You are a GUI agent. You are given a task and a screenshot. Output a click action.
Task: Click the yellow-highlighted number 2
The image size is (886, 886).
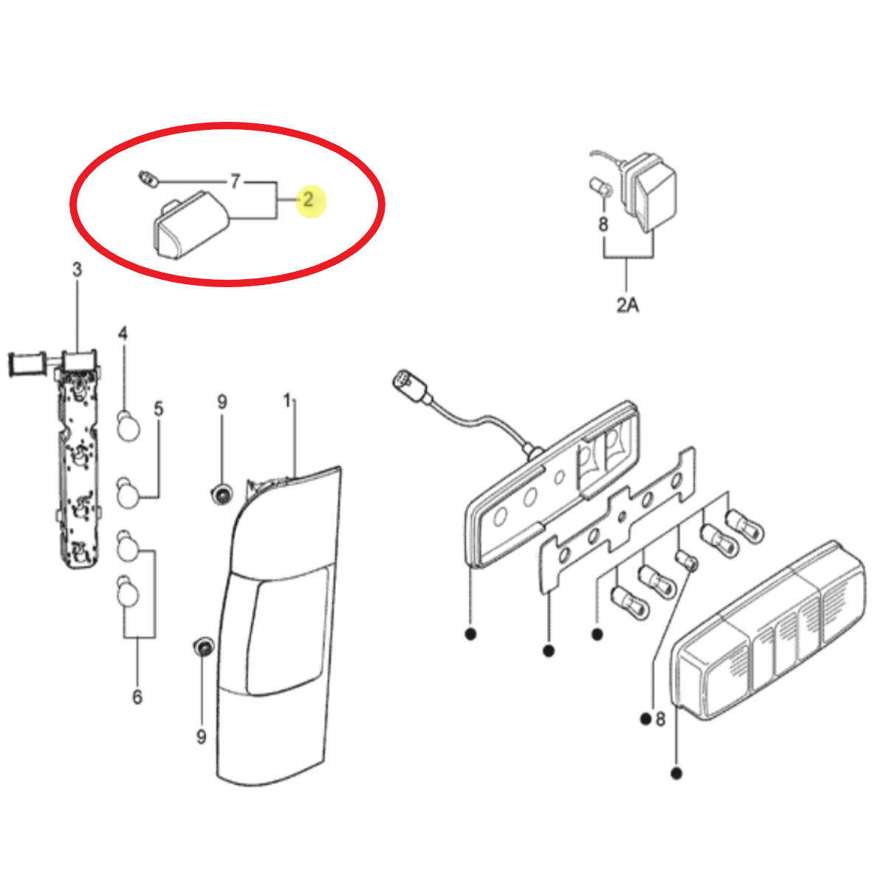tap(308, 199)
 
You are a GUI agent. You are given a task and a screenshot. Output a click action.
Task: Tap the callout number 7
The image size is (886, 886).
tap(235, 181)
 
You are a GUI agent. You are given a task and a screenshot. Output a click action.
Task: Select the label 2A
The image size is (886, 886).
tap(627, 304)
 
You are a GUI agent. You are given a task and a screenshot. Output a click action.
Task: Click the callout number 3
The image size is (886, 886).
tap(78, 269)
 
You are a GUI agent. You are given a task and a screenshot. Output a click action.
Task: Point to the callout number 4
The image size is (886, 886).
tap(123, 333)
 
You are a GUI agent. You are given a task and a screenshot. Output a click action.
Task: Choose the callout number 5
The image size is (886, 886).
tap(158, 408)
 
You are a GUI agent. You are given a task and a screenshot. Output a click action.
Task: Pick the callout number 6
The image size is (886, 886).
tap(137, 697)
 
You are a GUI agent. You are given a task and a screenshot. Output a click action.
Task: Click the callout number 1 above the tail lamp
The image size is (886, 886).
tap(287, 400)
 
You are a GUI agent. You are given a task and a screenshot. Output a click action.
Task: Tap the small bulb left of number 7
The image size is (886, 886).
tap(148, 179)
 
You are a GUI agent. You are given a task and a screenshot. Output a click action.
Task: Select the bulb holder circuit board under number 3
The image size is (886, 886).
tap(78, 459)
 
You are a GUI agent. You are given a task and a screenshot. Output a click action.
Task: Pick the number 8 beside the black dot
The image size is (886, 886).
tap(660, 719)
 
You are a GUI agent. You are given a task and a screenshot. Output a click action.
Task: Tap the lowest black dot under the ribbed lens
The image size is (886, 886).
tap(676, 774)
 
